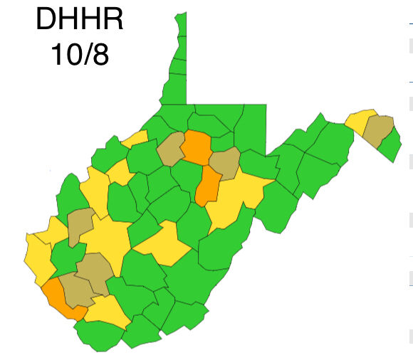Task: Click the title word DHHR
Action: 79,20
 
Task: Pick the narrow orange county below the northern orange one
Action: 208,185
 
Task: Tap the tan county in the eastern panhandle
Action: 378,130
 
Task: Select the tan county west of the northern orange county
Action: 171,150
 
